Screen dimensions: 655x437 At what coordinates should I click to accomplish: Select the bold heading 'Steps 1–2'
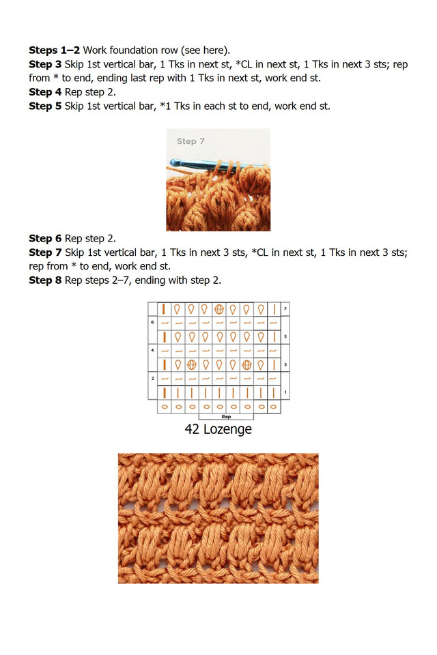[54, 50]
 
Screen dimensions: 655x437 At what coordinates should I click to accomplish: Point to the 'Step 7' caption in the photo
[191, 141]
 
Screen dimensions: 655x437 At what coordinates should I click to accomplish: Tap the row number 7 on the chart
[285, 309]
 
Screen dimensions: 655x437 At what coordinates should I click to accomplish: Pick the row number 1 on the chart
[285, 393]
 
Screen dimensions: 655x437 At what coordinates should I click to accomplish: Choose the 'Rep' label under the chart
[226, 416]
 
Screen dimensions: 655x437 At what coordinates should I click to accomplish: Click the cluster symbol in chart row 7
[219, 309]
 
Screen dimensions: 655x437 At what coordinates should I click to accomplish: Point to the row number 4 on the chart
[153, 350]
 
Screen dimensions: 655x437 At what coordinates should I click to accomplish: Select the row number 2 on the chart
[153, 378]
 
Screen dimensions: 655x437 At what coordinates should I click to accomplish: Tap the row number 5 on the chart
[285, 337]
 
